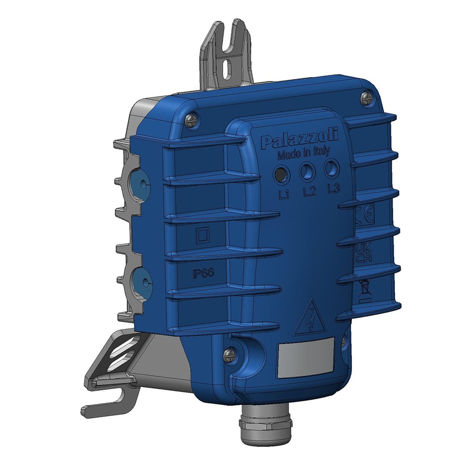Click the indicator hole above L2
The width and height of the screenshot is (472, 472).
click(306, 171)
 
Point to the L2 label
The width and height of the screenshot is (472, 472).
click(310, 192)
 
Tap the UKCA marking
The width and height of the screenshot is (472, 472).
click(363, 254)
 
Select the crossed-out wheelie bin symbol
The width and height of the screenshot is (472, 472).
click(364, 288)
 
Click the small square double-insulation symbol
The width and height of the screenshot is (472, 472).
click(202, 235)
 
